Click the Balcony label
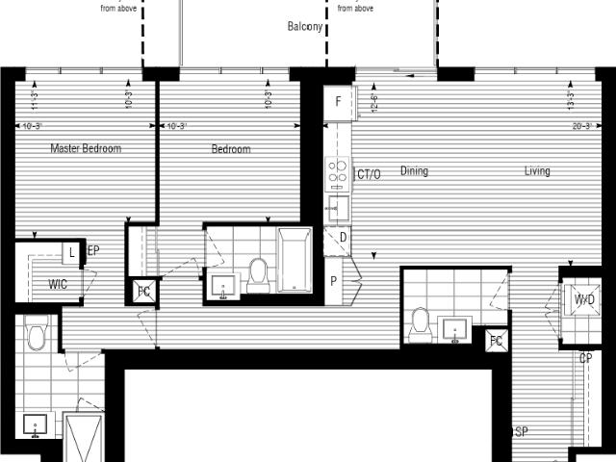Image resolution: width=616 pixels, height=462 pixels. click(x=304, y=27)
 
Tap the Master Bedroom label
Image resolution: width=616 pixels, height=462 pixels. click(x=86, y=148)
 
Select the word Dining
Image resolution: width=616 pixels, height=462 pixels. click(x=414, y=171)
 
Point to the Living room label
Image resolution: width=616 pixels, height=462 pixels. click(x=537, y=171)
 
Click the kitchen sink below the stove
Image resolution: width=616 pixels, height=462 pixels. click(x=338, y=207)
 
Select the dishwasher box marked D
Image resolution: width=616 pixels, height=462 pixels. click(x=343, y=237)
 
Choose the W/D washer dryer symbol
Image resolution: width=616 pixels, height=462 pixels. click(x=583, y=299)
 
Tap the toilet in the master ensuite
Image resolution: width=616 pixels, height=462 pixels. click(x=38, y=336)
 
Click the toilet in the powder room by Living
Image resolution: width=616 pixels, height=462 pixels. click(x=421, y=324)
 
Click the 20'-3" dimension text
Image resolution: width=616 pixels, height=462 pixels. click(x=580, y=126)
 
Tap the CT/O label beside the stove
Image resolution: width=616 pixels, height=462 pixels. click(x=368, y=174)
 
